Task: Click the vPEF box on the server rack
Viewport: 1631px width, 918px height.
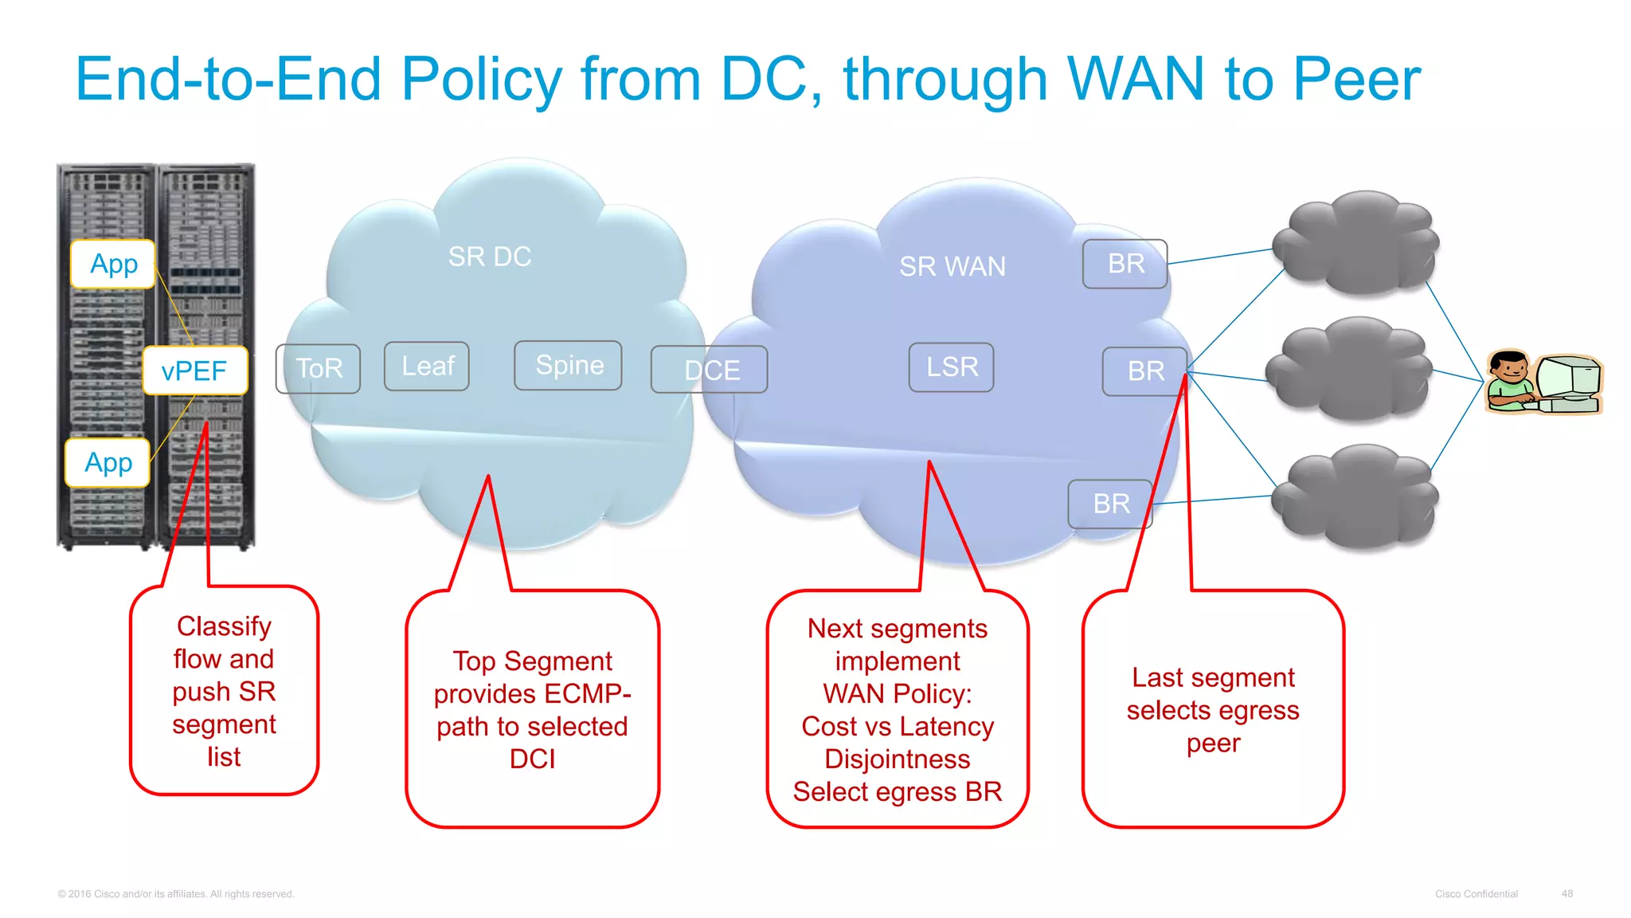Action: (x=195, y=371)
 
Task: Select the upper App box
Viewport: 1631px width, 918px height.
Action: (x=113, y=264)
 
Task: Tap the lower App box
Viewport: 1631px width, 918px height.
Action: (x=108, y=463)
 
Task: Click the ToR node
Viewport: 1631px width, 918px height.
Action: (x=319, y=368)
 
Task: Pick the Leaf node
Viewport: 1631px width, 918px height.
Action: (x=427, y=366)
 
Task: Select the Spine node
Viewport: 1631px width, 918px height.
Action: (x=569, y=365)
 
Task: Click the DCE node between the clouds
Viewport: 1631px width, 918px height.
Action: (x=710, y=370)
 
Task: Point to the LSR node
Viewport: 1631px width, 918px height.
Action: (x=952, y=367)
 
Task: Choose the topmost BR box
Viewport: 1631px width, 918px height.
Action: (x=1124, y=264)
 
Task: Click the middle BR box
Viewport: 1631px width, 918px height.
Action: (x=1145, y=371)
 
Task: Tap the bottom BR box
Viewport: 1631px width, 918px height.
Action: (x=1110, y=504)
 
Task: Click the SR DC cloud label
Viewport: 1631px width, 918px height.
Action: (x=489, y=257)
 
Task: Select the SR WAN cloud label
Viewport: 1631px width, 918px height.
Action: (x=952, y=266)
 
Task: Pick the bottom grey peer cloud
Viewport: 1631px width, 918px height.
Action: (x=1356, y=498)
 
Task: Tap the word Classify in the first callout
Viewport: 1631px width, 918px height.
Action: (x=224, y=626)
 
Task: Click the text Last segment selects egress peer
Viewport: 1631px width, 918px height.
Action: (x=1213, y=710)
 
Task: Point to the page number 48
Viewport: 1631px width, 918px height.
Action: (x=1566, y=894)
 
